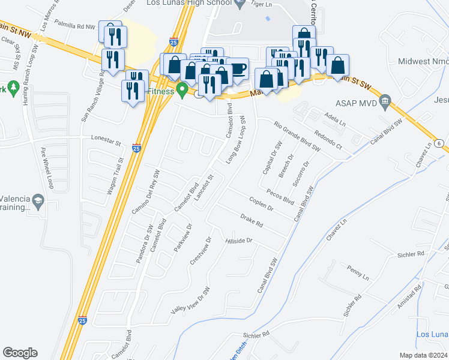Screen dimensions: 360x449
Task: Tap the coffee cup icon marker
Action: coord(238,68)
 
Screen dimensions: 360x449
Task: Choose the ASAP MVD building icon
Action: coord(385,100)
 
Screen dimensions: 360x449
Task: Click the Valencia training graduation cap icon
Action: coord(38,200)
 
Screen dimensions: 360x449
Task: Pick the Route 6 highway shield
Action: coord(440,143)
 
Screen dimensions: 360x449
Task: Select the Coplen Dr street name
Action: coord(261,203)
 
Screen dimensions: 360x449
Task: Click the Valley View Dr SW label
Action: coord(191,300)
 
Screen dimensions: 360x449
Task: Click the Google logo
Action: coord(20,352)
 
